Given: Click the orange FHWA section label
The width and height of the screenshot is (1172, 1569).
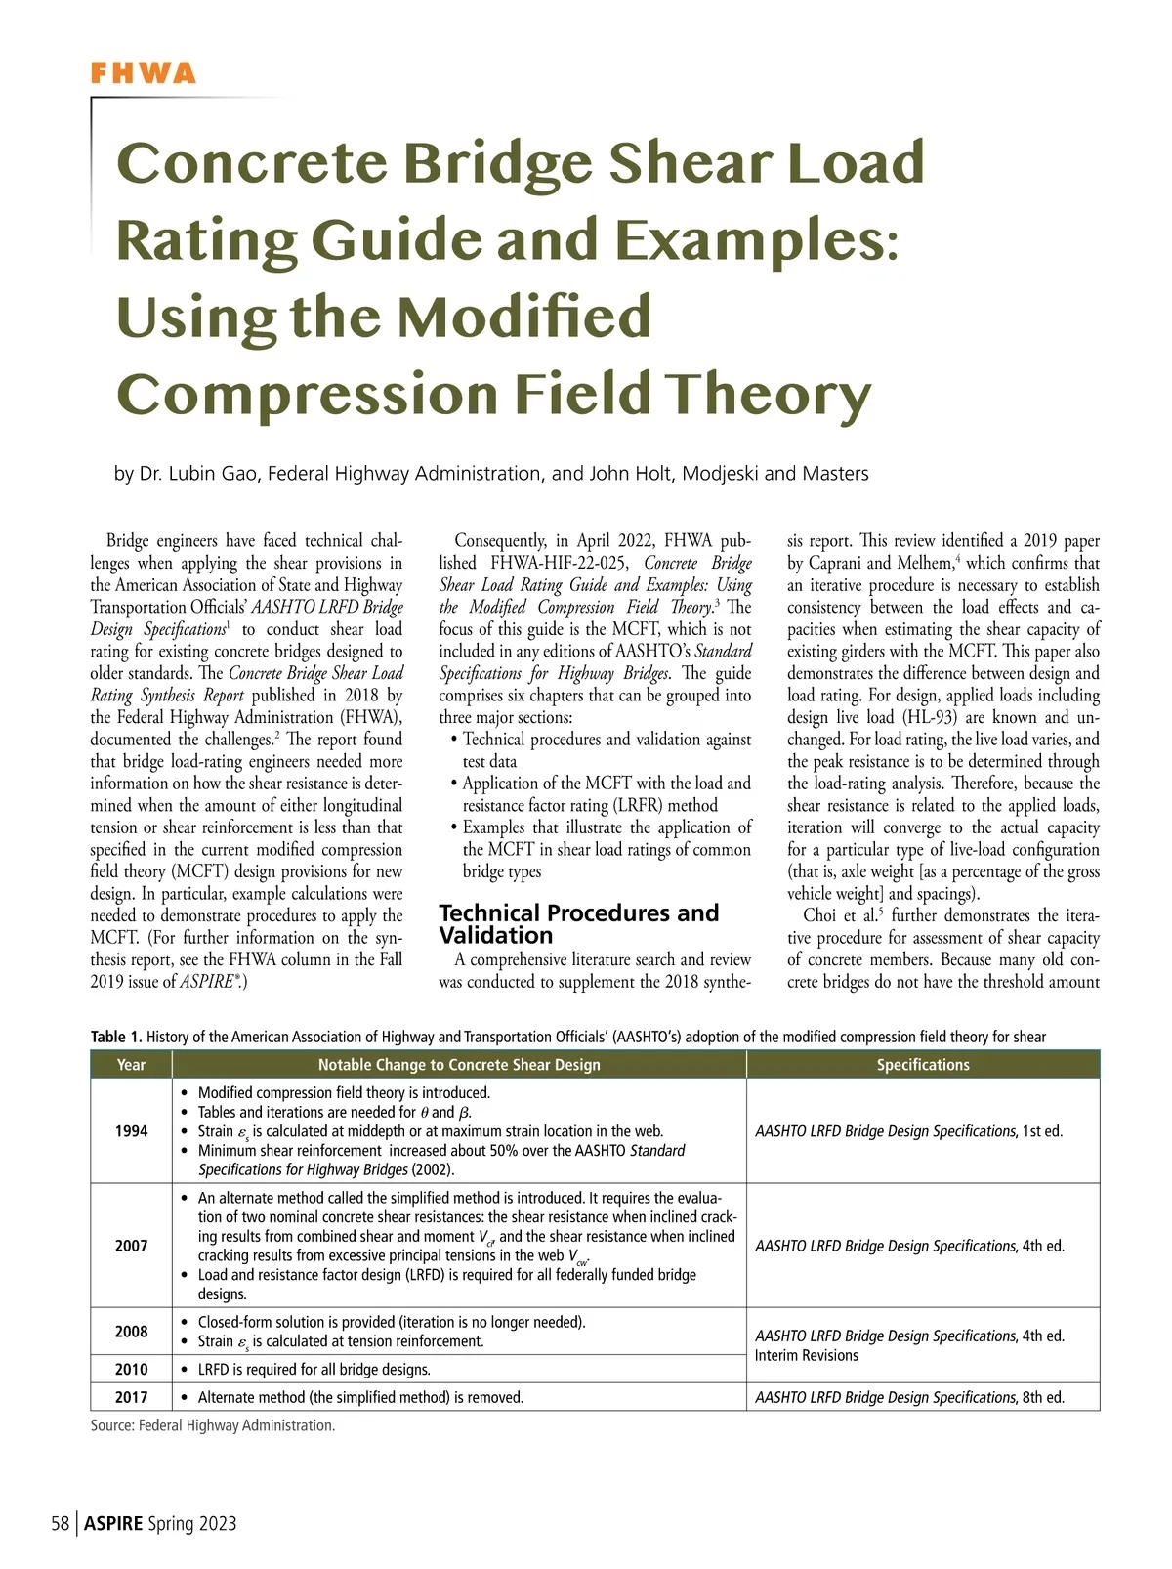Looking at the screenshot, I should [143, 73].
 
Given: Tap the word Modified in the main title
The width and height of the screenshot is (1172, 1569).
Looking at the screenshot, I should [524, 318].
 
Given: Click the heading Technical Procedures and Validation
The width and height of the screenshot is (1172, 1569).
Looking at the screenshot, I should [578, 923].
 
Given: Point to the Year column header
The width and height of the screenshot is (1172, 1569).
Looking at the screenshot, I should [131, 1065].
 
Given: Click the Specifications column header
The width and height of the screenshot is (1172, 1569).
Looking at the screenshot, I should [922, 1065].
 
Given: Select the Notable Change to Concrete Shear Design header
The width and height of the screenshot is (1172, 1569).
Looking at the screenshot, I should [459, 1065].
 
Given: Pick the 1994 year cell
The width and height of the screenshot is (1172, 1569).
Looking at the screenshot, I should [131, 1131].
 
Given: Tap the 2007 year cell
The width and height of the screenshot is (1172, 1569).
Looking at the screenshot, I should [131, 1246].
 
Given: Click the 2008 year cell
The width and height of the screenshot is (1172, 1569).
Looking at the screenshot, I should [131, 1332].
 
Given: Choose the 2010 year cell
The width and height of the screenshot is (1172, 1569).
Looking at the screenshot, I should [131, 1370].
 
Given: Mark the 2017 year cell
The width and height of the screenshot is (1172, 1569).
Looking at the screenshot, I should [131, 1397].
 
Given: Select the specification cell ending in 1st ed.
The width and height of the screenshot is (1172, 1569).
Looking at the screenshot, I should [908, 1131].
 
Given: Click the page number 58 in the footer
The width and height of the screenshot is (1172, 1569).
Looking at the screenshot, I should [60, 1523].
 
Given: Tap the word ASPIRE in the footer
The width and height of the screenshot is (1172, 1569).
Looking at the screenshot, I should [113, 1523].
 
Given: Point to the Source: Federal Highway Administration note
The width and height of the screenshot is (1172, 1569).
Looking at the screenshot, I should [213, 1425].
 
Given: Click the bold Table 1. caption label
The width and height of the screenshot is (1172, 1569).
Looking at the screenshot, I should [116, 1037].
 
